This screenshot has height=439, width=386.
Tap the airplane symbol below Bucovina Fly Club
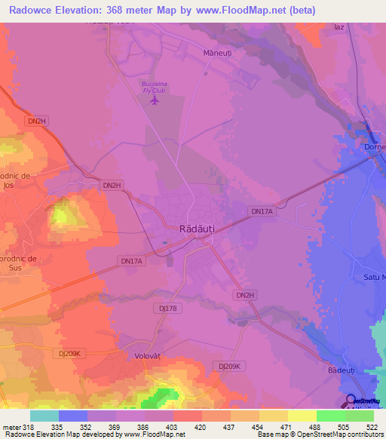tap(156, 100)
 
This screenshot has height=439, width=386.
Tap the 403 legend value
tap(173, 426)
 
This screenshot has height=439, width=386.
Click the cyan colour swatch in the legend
tap(44, 416)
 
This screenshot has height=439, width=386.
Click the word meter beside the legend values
tap(10, 426)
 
